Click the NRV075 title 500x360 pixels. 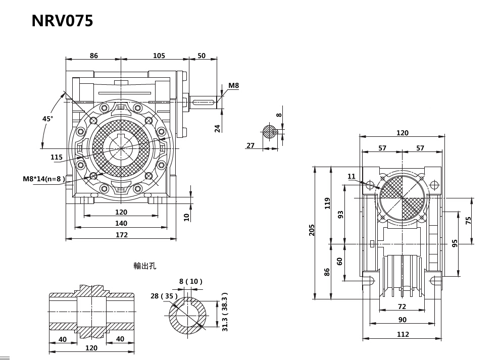(x=62, y=21)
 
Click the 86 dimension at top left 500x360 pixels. (x=94, y=56)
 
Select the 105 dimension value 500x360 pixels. (x=159, y=56)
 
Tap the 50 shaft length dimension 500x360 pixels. (x=202, y=56)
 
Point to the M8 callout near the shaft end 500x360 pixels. (x=234, y=86)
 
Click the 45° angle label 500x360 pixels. (x=47, y=119)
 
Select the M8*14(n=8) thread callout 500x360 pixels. (x=44, y=179)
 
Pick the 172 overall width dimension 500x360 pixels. (x=121, y=235)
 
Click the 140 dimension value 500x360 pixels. (x=121, y=223)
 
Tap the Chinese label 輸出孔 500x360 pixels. (x=145, y=266)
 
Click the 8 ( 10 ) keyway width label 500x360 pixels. (x=190, y=281)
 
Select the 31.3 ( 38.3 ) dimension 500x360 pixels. (x=225, y=312)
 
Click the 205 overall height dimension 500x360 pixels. (x=312, y=231)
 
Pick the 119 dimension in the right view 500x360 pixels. (x=327, y=203)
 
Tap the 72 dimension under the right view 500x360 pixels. (x=402, y=306)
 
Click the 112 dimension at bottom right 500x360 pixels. (x=403, y=334)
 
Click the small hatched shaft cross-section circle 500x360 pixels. (x=270, y=133)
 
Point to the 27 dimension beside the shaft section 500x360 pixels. (x=251, y=145)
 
